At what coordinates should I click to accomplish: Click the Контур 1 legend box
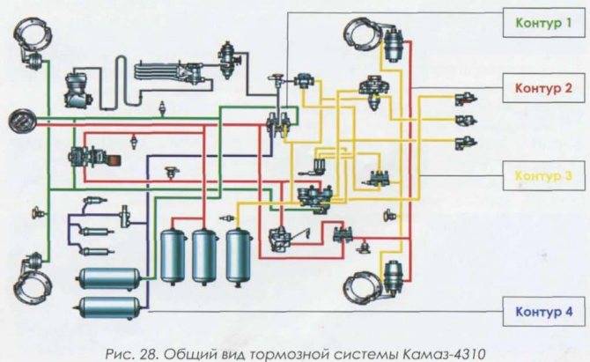tap(544, 23)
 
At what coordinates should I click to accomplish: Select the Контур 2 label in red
tap(543, 88)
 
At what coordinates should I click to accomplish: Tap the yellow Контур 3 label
tap(543, 176)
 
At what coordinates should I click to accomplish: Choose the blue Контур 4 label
tap(543, 312)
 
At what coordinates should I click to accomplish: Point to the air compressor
tap(78, 90)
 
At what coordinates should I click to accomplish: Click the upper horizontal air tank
tap(108, 278)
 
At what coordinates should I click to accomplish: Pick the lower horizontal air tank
tap(108, 308)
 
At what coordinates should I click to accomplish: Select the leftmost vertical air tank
tap(173, 256)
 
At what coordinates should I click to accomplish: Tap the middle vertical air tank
tap(204, 256)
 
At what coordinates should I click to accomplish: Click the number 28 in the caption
tap(149, 354)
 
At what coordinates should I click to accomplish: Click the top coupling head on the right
tap(466, 100)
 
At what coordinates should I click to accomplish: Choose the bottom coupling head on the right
tap(466, 143)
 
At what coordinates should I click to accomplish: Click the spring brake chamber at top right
tap(394, 46)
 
